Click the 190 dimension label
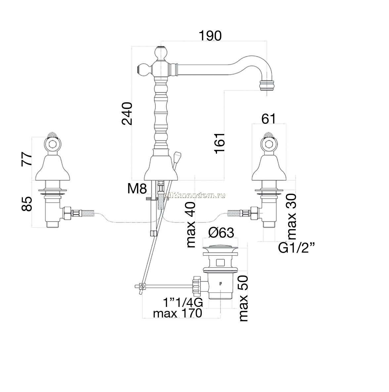[x=210, y=36]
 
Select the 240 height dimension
[x=127, y=113]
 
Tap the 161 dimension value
[x=220, y=143]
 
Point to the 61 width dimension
[x=269, y=119]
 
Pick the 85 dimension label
[x=27, y=204]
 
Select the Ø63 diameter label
[x=221, y=233]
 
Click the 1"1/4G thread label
[x=183, y=303]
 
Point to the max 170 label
[x=178, y=313]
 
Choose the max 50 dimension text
[x=243, y=298]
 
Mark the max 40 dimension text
[x=191, y=225]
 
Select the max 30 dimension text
[x=291, y=217]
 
